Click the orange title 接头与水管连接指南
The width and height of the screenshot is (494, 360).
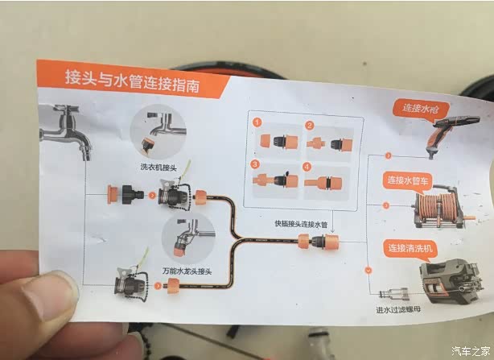[x=132, y=81]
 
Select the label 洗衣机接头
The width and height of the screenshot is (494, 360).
[x=158, y=167]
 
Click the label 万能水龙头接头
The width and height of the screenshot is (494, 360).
[x=187, y=271]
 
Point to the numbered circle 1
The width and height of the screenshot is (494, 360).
[x=257, y=122]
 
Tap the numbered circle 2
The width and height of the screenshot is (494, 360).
[x=310, y=126]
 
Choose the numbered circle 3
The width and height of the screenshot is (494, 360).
[x=255, y=164]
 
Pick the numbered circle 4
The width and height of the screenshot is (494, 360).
[x=307, y=167]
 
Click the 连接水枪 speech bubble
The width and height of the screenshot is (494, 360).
[x=421, y=109]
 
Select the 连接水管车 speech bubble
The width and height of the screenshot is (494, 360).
[x=408, y=181]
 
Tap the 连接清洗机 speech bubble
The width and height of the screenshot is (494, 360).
[x=410, y=249]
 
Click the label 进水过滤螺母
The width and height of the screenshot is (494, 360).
[x=398, y=309]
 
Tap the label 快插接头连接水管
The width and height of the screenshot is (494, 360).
[x=301, y=224]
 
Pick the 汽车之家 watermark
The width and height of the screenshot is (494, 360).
[x=471, y=350]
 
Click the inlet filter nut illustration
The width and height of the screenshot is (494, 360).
[x=393, y=294]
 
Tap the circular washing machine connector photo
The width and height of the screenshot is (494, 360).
[x=158, y=132]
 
